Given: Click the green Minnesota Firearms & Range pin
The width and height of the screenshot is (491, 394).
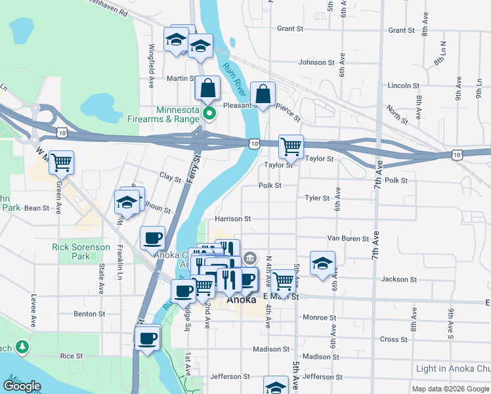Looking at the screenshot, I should (x=209, y=114).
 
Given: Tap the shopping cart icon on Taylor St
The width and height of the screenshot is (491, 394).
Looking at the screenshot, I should (x=291, y=146).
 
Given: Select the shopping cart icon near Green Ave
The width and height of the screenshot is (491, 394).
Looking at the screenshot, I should (x=61, y=162).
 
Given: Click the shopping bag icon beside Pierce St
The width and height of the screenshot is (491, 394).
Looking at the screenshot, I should (x=263, y=95).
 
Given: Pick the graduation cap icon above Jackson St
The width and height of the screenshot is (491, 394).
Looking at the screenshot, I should (x=322, y=263).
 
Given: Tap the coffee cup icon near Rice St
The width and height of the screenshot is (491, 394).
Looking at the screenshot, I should (x=146, y=339).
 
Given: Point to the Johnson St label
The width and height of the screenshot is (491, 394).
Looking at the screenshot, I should (x=316, y=62).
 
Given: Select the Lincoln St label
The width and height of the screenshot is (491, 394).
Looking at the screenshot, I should (x=403, y=85).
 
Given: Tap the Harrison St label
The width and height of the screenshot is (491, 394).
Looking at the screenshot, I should (x=233, y=219).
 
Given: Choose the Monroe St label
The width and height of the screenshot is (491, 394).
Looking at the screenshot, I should (x=320, y=317).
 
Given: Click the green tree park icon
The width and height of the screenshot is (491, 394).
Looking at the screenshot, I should (x=22, y=346).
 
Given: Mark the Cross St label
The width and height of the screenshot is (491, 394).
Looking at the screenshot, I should (x=393, y=339).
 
